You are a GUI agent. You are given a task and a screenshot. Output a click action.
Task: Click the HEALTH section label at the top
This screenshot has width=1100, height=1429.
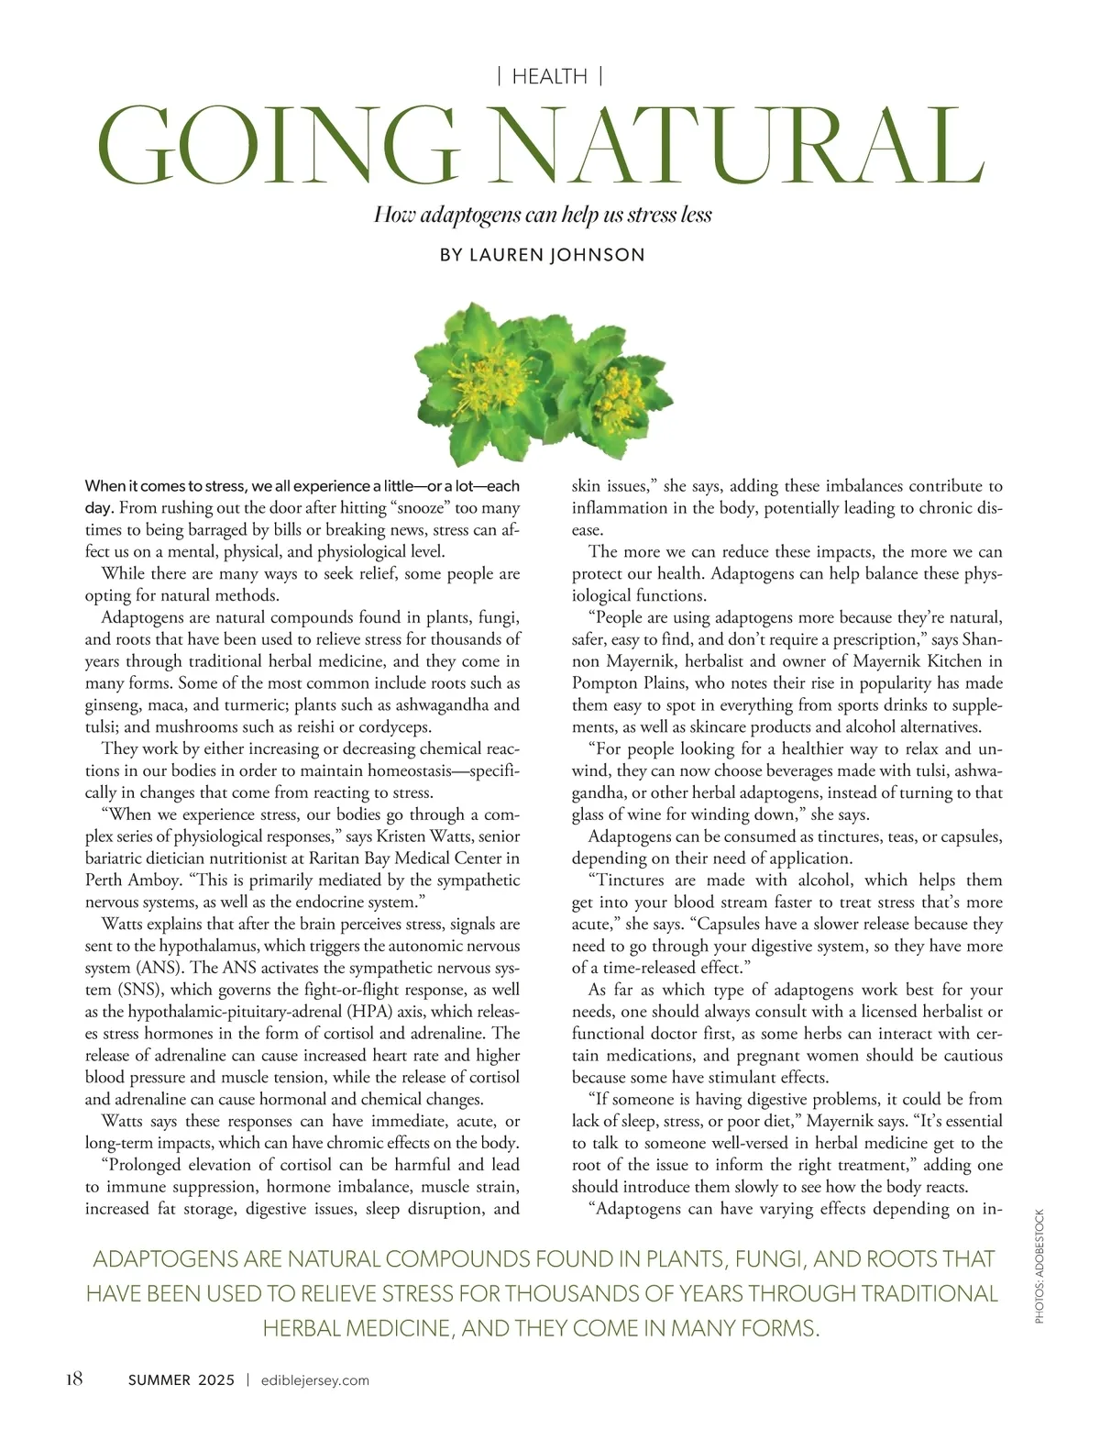tap(549, 77)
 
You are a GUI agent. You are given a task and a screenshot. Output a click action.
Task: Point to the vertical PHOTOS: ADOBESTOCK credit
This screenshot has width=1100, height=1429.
tap(1039, 1267)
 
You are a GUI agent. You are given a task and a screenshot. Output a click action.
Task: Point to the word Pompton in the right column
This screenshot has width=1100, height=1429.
tap(601, 683)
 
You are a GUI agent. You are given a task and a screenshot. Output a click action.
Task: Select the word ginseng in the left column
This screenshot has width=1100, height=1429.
tap(115, 705)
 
